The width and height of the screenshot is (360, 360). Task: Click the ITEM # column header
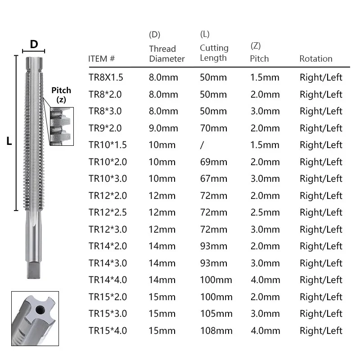(x=102, y=59)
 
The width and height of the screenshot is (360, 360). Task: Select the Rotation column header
(x=316, y=59)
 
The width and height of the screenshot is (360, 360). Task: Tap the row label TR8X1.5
(x=106, y=77)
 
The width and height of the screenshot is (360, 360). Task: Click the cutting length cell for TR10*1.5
(x=202, y=145)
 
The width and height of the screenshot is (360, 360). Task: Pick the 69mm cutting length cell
(x=213, y=162)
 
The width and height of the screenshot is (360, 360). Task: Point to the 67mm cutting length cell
(x=213, y=179)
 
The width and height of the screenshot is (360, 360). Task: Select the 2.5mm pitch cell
(x=265, y=212)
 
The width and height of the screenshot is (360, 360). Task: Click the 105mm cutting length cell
(x=216, y=314)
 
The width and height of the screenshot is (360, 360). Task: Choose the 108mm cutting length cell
(x=216, y=331)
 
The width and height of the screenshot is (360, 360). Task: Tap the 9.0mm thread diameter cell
(x=163, y=128)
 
